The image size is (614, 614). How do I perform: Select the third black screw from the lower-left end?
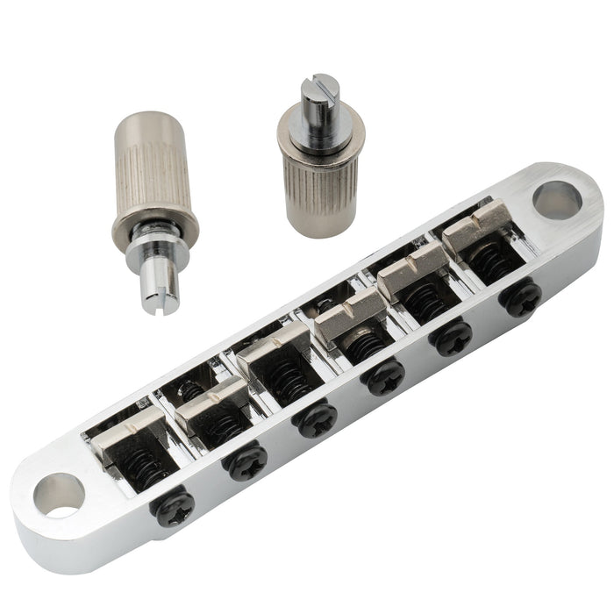(316, 419)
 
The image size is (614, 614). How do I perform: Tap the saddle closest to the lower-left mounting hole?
(125, 442)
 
